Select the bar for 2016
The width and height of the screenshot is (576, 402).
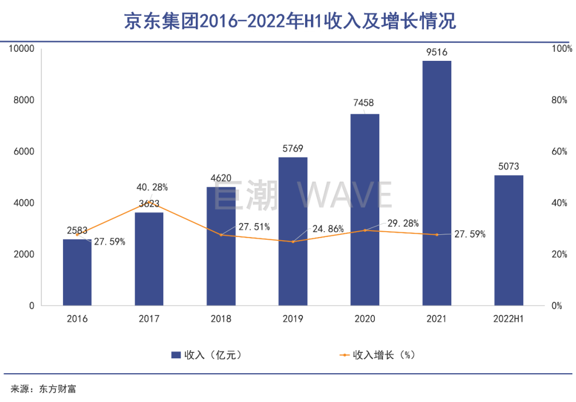pos(77,272)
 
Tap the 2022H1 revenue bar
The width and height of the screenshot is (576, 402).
pos(508,240)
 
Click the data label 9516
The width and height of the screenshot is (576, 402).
pos(436,52)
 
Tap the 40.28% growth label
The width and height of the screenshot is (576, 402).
pos(152,187)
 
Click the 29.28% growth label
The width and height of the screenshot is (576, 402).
pos(402,223)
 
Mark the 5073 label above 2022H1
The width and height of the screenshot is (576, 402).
pos(508,167)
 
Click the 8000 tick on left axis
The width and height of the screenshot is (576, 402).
pos(23,100)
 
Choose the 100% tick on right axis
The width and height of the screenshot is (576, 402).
pos(561,49)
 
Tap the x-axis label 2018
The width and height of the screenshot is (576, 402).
pos(221,319)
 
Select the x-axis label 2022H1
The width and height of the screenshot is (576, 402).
pos(508,319)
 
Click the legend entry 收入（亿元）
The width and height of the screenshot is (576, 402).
pos(209,355)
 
